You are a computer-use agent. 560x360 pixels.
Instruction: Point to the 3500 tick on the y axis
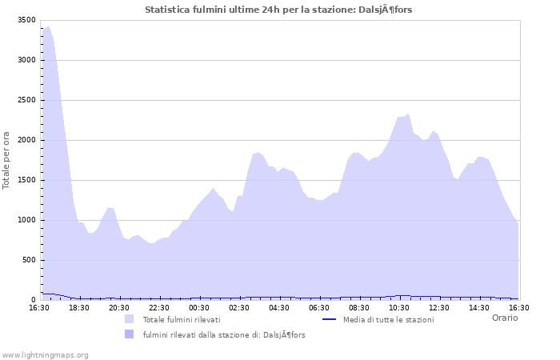click(x=26, y=20)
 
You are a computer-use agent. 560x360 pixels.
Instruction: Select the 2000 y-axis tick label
click(x=26, y=140)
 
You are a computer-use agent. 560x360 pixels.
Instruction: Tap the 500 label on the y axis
click(x=29, y=260)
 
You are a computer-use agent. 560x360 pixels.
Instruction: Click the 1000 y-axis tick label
click(x=26, y=220)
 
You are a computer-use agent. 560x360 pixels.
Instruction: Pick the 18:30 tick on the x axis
click(x=79, y=307)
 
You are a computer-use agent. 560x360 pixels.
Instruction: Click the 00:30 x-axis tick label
click(x=199, y=307)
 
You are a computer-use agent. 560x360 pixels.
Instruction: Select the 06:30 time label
click(x=319, y=307)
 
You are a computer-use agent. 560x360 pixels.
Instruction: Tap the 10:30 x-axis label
click(x=399, y=307)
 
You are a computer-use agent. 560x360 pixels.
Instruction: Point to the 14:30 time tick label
click(x=479, y=307)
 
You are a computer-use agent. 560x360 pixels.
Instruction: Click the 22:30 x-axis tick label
click(x=159, y=307)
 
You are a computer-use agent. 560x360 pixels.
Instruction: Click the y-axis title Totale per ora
click(x=7, y=160)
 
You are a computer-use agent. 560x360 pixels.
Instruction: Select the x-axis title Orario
click(x=504, y=318)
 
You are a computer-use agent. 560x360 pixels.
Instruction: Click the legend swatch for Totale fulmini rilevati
click(x=129, y=319)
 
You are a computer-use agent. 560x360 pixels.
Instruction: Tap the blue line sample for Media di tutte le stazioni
click(x=329, y=319)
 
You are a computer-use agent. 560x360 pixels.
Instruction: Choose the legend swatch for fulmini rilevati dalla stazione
click(x=129, y=334)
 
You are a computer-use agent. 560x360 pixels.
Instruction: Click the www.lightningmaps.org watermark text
click(x=45, y=354)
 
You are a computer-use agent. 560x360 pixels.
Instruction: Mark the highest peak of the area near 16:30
click(x=48, y=26)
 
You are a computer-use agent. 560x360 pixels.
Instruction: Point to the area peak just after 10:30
click(x=408, y=114)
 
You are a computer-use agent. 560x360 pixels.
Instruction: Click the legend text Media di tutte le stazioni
click(x=388, y=319)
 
